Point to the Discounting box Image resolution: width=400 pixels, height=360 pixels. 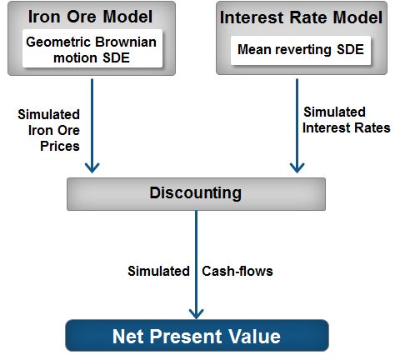(195, 193)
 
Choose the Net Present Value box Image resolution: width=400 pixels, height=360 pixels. (197, 336)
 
